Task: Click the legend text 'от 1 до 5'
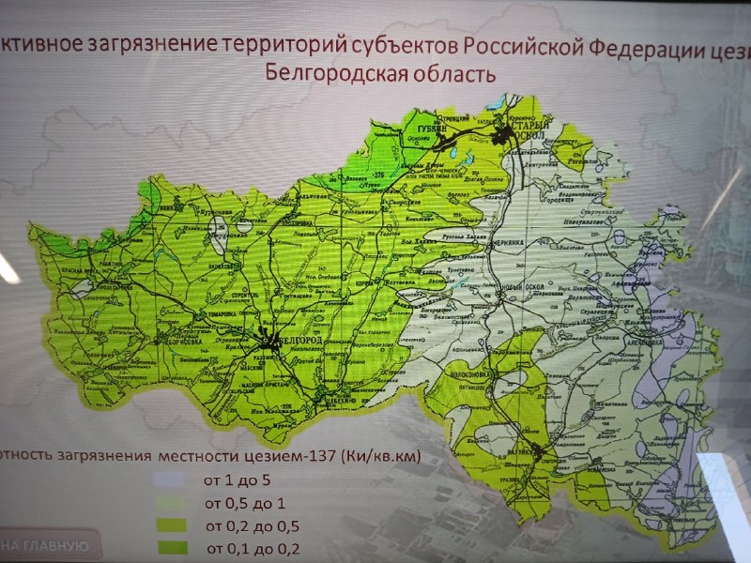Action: click(x=230, y=480)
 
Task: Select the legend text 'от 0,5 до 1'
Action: click(x=236, y=503)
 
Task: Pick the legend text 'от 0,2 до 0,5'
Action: click(x=241, y=525)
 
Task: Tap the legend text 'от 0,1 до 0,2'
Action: click(x=241, y=548)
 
